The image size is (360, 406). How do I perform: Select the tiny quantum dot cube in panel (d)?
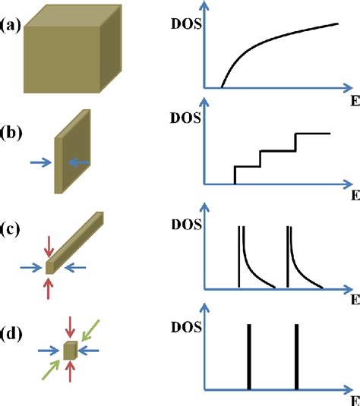[69, 350]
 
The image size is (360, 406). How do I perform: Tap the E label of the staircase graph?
[354, 195]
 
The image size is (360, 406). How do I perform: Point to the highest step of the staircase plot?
[312, 134]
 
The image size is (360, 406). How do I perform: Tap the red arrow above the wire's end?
[49, 245]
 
